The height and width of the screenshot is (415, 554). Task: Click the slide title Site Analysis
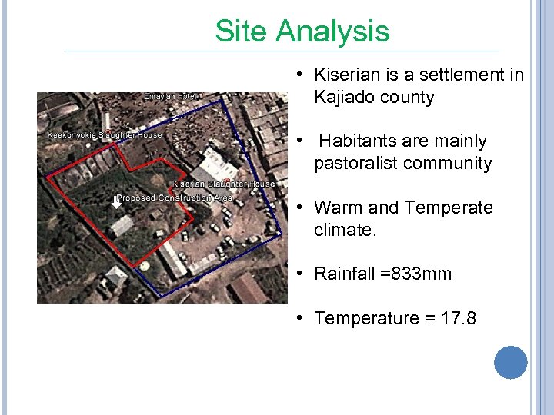coord(302,32)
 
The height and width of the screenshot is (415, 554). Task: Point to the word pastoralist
coord(356,164)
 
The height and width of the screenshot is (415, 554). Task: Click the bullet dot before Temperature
coord(302,317)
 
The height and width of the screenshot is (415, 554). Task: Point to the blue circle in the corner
coord(510,363)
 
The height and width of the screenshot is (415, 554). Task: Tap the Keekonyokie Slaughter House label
coord(105,134)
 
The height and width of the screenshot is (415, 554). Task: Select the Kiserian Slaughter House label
coord(223,184)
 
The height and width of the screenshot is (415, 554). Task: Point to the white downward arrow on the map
coord(118,201)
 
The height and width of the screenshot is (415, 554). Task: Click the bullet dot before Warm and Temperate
coord(302,207)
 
